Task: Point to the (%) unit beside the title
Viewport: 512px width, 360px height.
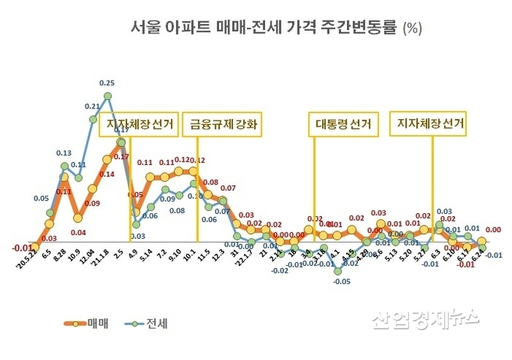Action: tap(413, 30)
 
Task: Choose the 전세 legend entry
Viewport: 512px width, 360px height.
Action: tap(146, 325)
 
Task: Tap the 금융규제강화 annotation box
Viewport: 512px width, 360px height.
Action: tap(223, 125)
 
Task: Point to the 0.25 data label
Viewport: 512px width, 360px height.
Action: tap(107, 83)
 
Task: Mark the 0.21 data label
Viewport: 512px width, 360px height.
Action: tap(93, 106)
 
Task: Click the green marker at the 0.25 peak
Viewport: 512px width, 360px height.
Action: tap(108, 96)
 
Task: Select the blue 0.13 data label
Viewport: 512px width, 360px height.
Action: tap(64, 153)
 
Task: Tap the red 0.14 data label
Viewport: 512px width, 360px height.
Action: tap(107, 174)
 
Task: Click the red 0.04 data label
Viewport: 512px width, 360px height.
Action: tap(78, 232)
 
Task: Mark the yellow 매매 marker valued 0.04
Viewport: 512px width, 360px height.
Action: tap(78, 218)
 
